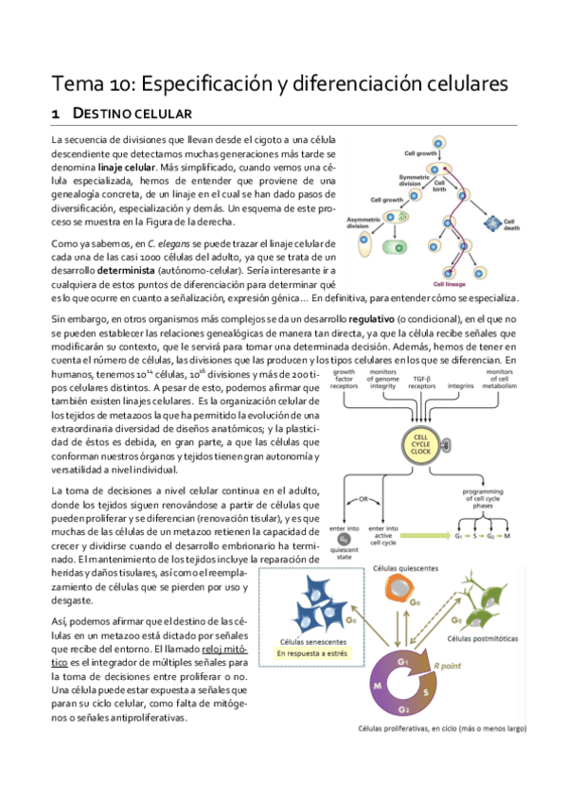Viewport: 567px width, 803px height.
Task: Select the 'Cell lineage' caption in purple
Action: pyautogui.click(x=451, y=282)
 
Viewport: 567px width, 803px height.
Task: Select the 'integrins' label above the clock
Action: pyautogui.click(x=461, y=386)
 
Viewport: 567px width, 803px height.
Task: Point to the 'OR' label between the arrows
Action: pyautogui.click(x=363, y=500)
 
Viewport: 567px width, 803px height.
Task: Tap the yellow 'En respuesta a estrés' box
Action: pyautogui.click(x=316, y=652)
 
